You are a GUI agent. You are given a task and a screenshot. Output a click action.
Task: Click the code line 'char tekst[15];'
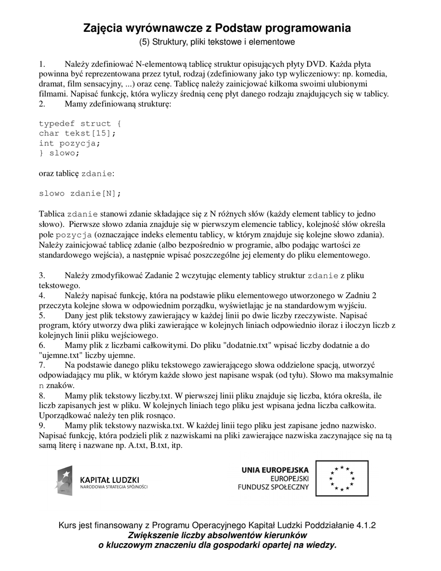[77, 133]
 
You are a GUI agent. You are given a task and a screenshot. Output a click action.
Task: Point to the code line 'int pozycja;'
[70, 143]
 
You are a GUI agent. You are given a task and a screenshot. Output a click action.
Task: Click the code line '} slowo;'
[59, 153]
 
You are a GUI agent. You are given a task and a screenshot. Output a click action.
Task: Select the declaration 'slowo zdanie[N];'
[80, 193]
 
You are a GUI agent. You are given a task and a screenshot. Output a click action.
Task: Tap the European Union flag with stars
[342, 478]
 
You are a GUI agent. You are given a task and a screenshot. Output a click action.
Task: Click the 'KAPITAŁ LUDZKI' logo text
[110, 479]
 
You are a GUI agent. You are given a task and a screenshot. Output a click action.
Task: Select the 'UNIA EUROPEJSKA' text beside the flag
[275, 470]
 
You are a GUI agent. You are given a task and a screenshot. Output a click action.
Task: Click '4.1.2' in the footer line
[365, 525]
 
